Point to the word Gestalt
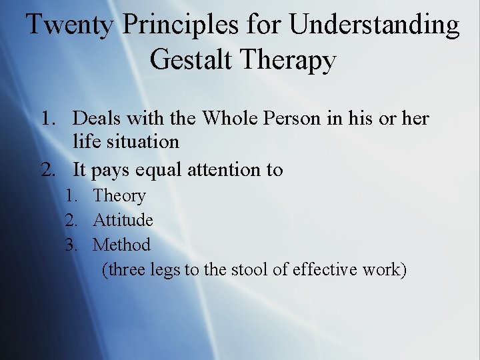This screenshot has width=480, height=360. tap(193, 59)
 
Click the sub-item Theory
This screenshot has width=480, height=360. tap(119, 196)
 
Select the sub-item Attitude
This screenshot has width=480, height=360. tap(123, 220)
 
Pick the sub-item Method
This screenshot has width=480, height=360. tap(122, 245)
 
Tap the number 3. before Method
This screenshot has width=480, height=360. tap(72, 245)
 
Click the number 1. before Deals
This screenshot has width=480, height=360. tap(48, 119)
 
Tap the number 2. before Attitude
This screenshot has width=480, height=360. tap(72, 220)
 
